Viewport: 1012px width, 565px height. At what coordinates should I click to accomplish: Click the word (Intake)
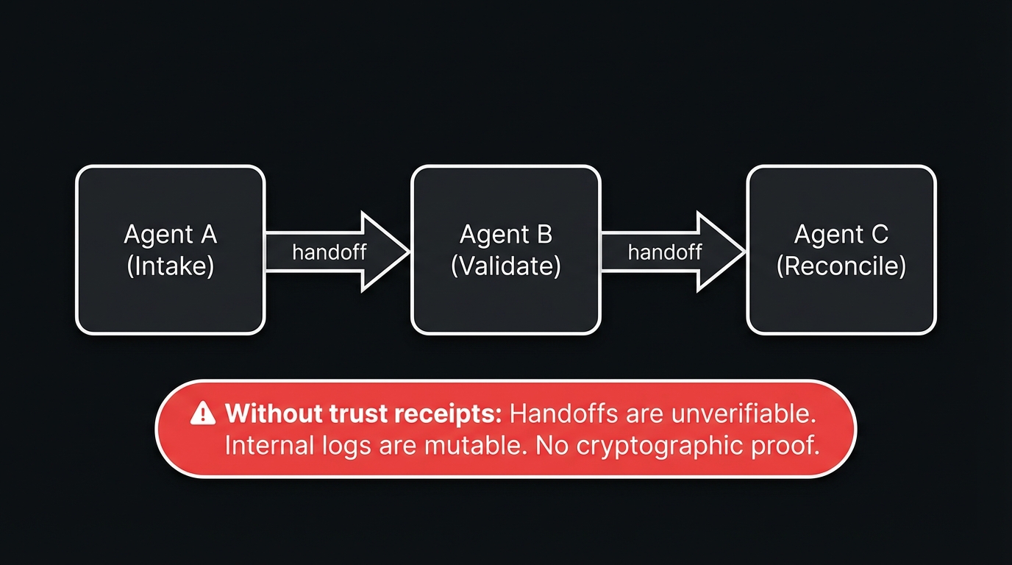pos(170,266)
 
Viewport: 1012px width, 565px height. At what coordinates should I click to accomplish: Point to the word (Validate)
pos(505,266)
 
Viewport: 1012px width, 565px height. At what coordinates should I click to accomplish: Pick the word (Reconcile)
pos(841,266)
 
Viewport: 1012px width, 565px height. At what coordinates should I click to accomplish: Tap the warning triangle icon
pos(202,414)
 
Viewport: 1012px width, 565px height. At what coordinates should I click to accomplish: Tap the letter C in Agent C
pos(879,235)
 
